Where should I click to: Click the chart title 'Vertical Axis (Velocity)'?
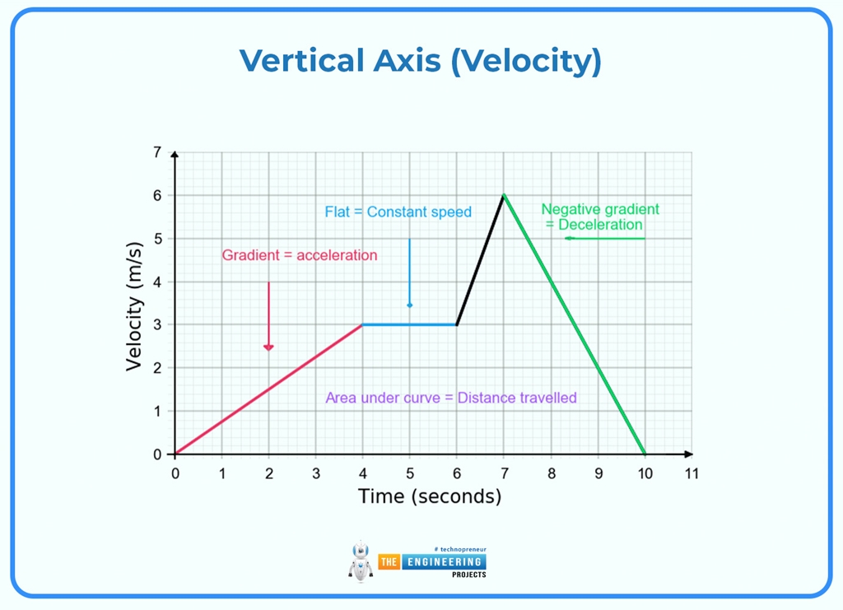[421, 62]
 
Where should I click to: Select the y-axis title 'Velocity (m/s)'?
[135, 306]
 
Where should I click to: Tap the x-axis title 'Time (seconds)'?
[429, 496]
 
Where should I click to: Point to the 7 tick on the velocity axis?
[156, 152]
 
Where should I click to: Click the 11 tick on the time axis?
[691, 473]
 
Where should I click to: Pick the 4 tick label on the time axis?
[363, 473]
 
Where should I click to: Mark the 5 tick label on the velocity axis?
[156, 239]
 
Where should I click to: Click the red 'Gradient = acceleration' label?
[300, 255]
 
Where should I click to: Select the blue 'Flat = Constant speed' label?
[398, 212]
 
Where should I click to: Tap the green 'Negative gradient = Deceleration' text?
[600, 217]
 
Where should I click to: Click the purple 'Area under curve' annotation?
[451, 398]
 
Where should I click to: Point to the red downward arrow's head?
[268, 347]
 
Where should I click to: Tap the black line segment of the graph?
[480, 260]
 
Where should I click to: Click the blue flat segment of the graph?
[409, 324]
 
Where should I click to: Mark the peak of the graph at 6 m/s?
[504, 195]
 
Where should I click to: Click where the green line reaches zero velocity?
[645, 454]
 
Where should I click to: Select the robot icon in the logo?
[361, 561]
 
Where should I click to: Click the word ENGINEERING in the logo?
[443, 561]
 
